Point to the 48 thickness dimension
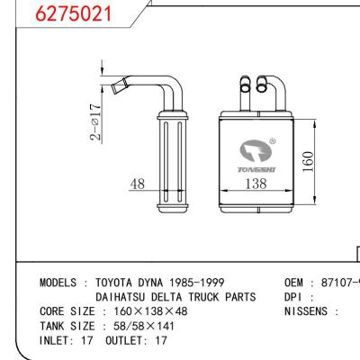point(138,184)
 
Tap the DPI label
point(297,296)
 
